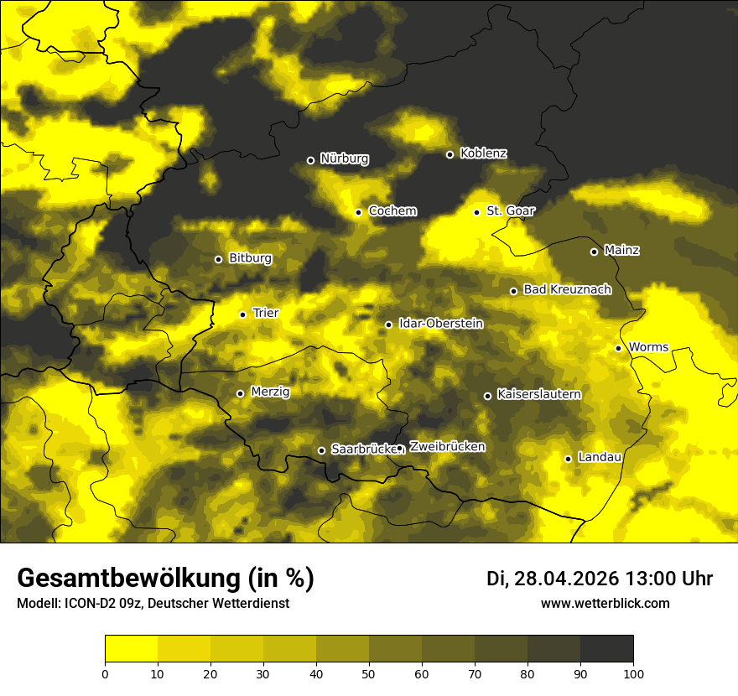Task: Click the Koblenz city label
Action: coord(483,153)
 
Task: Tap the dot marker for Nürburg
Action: coord(310,160)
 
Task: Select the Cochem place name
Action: coord(392,211)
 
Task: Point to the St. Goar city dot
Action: coord(476,212)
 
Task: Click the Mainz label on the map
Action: coord(621,251)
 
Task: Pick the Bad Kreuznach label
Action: coord(567,290)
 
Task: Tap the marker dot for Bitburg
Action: coord(218,259)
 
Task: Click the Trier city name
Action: coord(266,314)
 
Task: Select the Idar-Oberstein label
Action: coord(440,324)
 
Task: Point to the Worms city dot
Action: coord(618,348)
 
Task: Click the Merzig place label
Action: coord(270,392)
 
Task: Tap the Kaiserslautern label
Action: coord(538,395)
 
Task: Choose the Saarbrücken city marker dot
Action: coord(321,450)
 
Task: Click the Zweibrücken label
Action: coord(447,447)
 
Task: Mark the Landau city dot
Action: coord(568,459)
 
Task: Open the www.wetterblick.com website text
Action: coord(605,604)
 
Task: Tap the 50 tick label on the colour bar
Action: coord(369,673)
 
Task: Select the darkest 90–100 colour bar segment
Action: coord(606,649)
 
